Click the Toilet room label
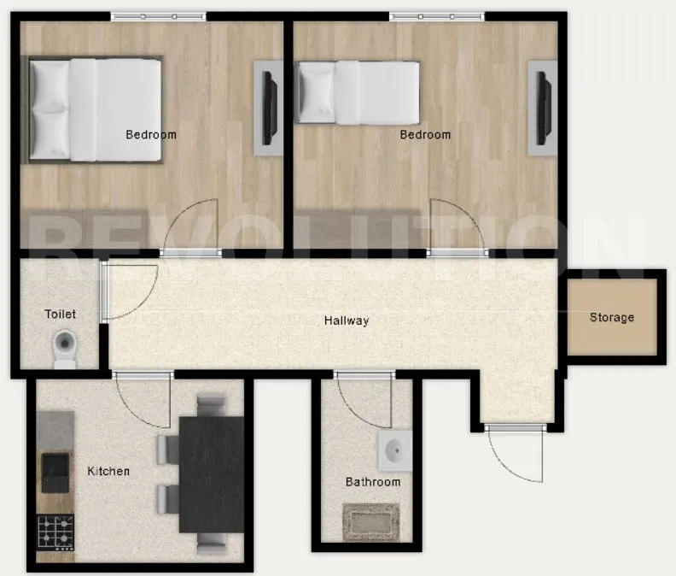point(60,314)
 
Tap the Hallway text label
point(347,321)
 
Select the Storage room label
point(612,318)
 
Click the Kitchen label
point(109,471)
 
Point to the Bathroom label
point(373,482)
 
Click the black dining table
point(212,473)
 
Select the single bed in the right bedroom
point(358,91)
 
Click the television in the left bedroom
point(268,108)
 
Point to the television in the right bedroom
point(542,108)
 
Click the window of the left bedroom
point(159,16)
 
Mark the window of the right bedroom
point(437,16)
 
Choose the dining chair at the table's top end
point(210,403)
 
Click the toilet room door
point(102,292)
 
